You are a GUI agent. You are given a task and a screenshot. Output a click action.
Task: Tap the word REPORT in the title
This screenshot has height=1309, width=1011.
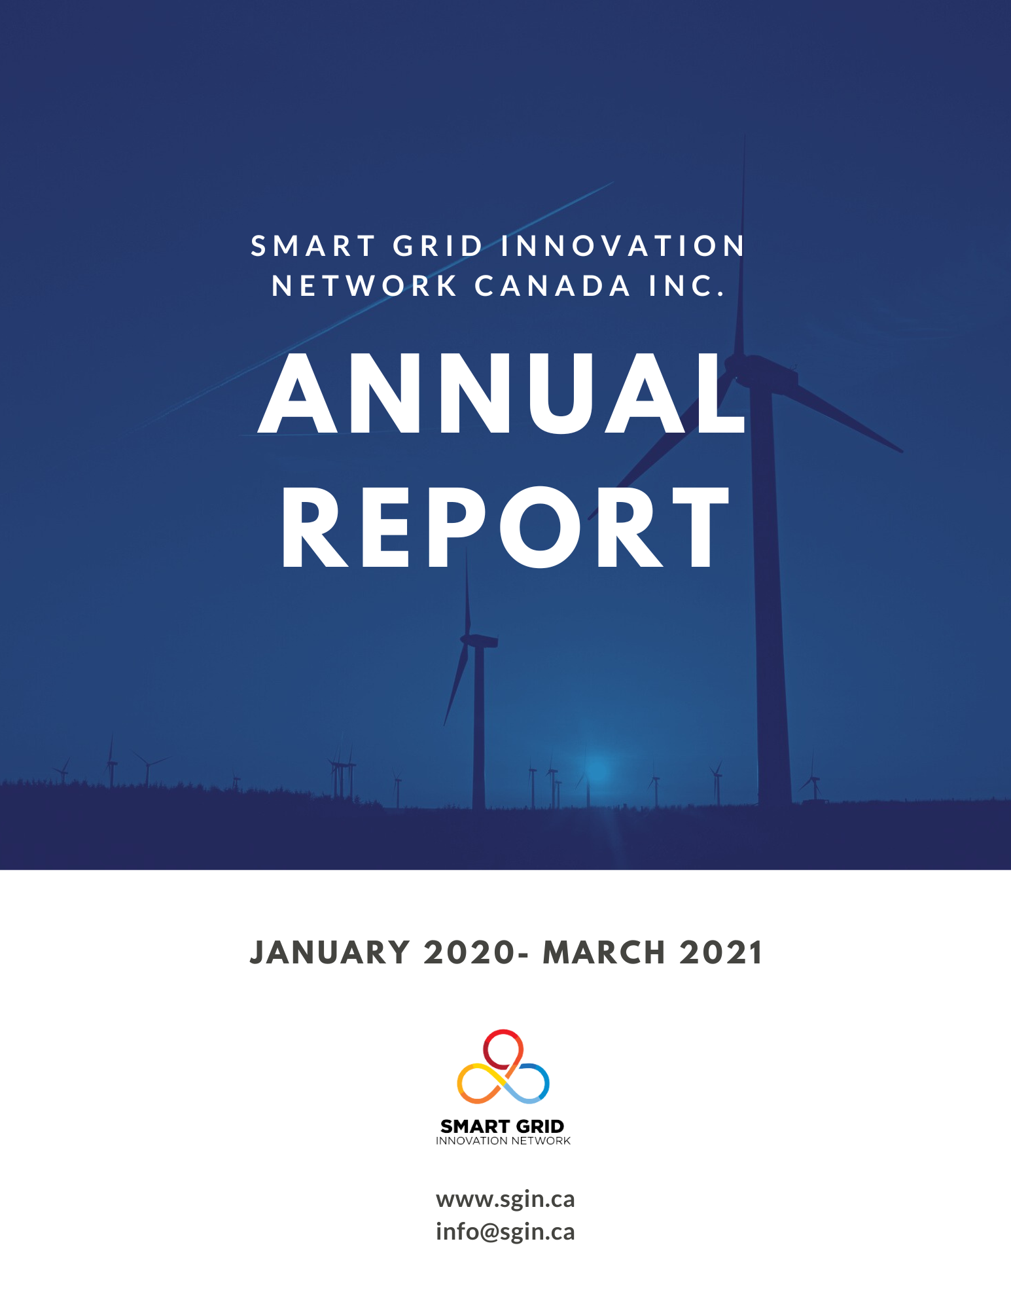click(x=505, y=528)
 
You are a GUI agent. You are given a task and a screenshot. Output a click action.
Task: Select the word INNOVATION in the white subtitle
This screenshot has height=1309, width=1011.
click(x=623, y=246)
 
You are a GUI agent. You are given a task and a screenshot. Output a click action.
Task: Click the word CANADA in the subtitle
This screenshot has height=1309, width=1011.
click(x=552, y=286)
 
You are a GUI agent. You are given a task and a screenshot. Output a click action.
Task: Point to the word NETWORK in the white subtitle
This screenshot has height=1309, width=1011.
click(x=364, y=286)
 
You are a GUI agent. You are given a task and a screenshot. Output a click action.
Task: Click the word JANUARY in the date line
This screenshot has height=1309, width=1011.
click(x=330, y=952)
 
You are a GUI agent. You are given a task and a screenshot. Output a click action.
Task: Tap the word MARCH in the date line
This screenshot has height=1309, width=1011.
click(x=604, y=952)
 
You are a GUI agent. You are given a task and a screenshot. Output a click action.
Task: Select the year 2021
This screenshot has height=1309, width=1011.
click(x=720, y=952)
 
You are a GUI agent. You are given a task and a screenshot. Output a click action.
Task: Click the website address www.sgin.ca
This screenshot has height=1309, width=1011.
click(x=505, y=1200)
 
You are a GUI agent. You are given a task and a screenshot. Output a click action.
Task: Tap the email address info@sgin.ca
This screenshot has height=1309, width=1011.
click(x=505, y=1232)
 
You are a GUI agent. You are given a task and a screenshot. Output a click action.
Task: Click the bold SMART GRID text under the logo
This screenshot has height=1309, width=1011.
click(x=502, y=1126)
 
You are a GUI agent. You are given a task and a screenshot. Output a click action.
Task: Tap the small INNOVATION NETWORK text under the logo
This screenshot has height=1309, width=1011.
click(x=503, y=1141)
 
